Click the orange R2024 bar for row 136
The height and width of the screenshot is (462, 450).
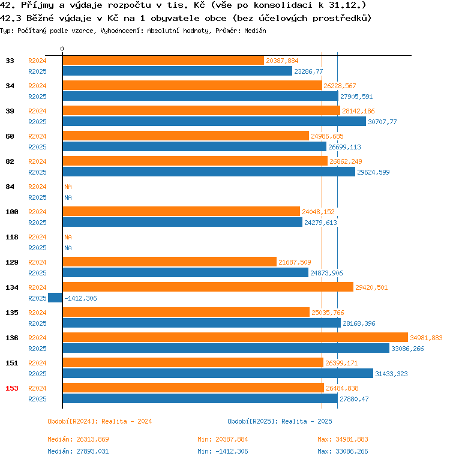(235, 338)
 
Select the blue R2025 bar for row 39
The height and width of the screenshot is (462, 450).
(214, 122)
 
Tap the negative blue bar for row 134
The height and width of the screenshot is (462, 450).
(55, 298)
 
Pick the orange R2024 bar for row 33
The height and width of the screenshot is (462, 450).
(163, 61)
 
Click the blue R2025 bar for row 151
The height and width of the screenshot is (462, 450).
(218, 374)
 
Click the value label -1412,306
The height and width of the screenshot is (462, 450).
(80, 298)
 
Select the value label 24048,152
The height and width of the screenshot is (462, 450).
(318, 212)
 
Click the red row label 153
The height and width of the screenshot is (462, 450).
(12, 388)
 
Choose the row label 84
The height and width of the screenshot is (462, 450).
(10, 187)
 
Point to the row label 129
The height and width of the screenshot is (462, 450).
(12, 262)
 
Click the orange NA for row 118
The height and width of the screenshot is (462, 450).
(68, 237)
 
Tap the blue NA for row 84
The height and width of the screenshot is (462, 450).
(68, 197)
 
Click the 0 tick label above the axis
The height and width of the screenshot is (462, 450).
(62, 49)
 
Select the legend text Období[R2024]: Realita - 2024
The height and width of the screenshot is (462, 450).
(100, 421)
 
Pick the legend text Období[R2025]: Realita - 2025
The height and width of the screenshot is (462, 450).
(280, 421)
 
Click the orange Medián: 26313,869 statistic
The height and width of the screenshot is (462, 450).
(78, 440)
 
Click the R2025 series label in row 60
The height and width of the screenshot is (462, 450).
(37, 147)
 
